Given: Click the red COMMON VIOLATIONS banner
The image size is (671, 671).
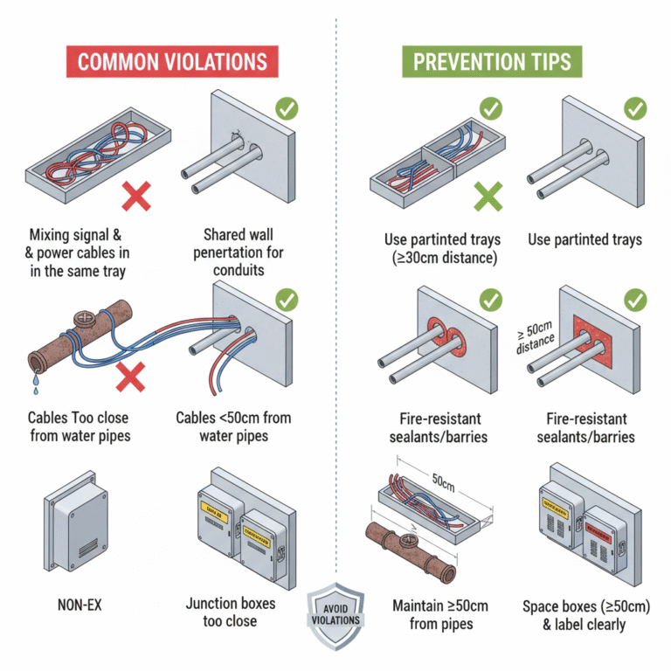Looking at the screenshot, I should click(x=172, y=62).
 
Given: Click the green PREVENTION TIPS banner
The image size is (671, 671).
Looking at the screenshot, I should click(x=492, y=62).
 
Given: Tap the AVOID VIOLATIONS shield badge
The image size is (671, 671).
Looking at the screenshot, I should click(x=336, y=612).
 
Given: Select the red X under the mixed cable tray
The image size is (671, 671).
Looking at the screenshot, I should click(x=136, y=198).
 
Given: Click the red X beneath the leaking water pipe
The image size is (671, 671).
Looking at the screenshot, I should click(x=130, y=377).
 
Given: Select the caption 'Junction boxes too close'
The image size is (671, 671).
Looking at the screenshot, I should click(x=231, y=612).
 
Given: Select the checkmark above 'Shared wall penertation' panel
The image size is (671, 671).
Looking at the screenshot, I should click(x=286, y=110).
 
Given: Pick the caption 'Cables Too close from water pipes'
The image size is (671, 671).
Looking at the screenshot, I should click(x=80, y=425).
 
